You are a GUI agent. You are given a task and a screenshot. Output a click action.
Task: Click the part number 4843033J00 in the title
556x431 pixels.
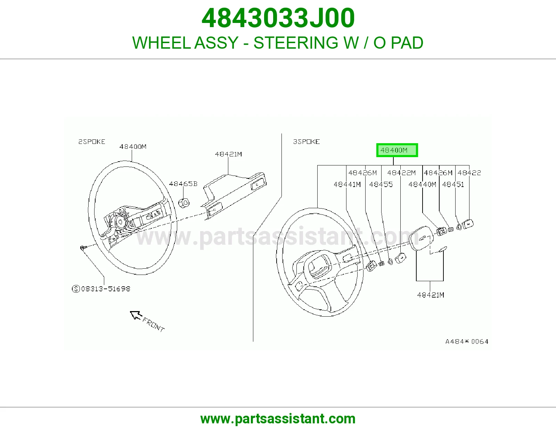coord(278,18)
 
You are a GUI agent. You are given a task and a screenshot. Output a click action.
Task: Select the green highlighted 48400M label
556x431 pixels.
coord(397,150)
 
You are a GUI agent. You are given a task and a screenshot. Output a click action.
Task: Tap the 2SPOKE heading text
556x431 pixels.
coord(92,141)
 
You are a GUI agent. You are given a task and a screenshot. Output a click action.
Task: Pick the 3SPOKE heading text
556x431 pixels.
coord(306,141)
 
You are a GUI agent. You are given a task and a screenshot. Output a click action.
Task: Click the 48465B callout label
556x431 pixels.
coord(183,184)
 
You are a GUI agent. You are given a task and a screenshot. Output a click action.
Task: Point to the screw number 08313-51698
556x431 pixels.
coord(106,289)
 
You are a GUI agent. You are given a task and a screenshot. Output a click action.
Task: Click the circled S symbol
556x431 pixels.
coord(76,289)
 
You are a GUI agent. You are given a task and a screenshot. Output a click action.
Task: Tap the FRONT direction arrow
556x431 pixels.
coord(136,315)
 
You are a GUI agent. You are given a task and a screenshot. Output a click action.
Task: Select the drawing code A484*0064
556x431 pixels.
coord(467,341)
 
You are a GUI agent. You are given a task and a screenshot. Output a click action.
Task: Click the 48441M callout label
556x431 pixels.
coord(347,184)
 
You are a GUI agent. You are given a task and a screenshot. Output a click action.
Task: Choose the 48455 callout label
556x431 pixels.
coord(381,184)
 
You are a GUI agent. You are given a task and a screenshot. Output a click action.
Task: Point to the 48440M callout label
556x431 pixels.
coord(422,184)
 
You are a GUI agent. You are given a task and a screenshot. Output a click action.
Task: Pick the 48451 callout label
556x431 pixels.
coord(453,184)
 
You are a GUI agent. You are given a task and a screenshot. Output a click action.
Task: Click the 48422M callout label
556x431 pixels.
coord(401,173)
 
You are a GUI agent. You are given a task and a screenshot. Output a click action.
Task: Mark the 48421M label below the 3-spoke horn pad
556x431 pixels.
coord(431,295)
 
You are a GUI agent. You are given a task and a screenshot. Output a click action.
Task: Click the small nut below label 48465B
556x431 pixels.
coord(184,203)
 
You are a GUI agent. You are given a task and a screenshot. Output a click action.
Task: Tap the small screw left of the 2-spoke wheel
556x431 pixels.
coord(83,247)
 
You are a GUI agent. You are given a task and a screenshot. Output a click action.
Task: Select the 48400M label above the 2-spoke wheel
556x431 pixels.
coord(133,146)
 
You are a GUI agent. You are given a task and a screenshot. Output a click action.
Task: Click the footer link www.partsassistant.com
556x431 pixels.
coord(278,419)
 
